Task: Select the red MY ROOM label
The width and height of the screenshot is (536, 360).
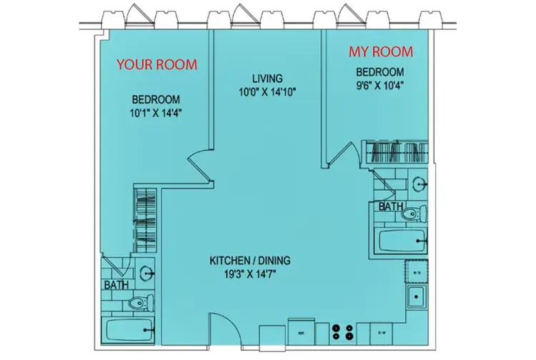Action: coord(380,52)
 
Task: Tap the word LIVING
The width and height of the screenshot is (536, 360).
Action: coord(268,78)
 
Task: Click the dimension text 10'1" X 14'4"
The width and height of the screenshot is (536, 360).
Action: coord(155,113)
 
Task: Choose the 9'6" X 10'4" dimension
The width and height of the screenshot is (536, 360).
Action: coord(380,85)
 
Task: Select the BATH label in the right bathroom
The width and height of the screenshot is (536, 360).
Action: coord(391,206)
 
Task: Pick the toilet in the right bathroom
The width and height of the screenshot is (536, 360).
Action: coord(417,212)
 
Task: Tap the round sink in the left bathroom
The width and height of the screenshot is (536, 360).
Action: coord(147,272)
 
